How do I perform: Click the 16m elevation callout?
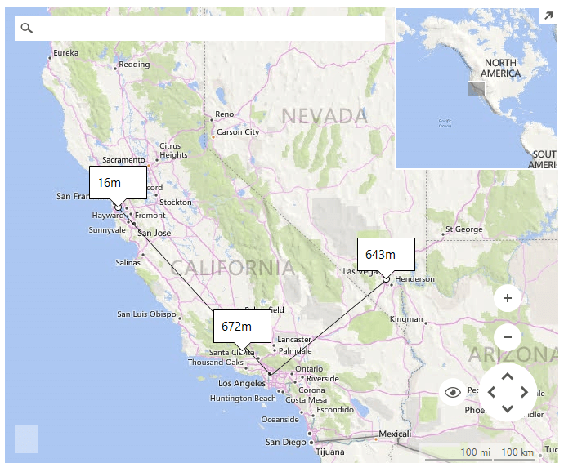coord(118,182)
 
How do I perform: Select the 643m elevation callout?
coord(386,254)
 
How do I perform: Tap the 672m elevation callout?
coord(242,326)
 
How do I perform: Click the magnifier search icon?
coord(27,29)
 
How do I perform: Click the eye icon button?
coord(453,393)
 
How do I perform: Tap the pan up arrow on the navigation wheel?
coord(507,376)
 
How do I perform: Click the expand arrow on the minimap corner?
coord(548,16)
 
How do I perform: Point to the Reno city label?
coord(224,114)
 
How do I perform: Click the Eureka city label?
coord(65,53)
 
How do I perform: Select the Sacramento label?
coord(123,160)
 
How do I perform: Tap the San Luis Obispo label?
coord(146,314)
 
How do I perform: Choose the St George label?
coord(464,229)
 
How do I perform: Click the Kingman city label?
coord(406,318)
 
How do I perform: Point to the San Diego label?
coord(285,442)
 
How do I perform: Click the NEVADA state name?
coord(325,116)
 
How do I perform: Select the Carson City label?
coord(238,131)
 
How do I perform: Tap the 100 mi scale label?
coord(474,452)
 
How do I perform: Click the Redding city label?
coord(134,65)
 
